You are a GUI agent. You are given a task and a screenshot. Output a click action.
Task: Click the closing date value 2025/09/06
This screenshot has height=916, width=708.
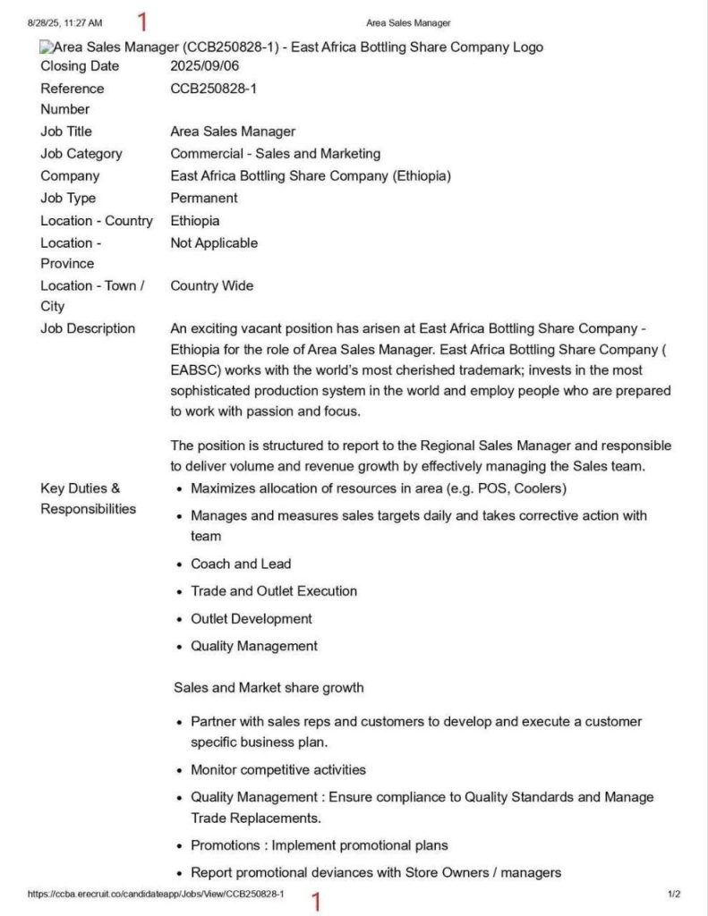pyautogui.click(x=205, y=66)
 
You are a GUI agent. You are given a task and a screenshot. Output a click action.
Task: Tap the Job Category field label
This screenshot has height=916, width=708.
pyautogui.click(x=81, y=154)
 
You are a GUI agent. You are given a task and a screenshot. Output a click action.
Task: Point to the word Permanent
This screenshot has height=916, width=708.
pyautogui.click(x=204, y=199)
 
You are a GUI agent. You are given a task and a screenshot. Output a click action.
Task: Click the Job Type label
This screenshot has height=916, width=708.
pyautogui.click(x=68, y=199)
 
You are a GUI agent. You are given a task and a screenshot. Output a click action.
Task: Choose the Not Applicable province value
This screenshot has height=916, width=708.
pyautogui.click(x=214, y=243)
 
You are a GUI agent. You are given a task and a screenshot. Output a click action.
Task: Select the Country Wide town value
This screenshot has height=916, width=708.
pyautogui.click(x=212, y=286)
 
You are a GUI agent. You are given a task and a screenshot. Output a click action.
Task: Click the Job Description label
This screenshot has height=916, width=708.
pyautogui.click(x=88, y=329)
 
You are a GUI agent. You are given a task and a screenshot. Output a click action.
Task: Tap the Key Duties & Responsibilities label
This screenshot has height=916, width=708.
pyautogui.click(x=88, y=498)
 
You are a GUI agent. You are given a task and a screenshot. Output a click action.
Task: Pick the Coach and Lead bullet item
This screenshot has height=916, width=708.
pyautogui.click(x=241, y=564)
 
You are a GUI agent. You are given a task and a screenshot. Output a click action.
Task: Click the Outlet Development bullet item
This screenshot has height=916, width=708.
pyautogui.click(x=252, y=619)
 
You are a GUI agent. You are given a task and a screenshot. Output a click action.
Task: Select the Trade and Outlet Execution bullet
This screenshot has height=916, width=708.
pyautogui.click(x=274, y=591)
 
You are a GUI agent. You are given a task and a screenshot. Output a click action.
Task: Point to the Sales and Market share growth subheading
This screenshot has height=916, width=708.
pyautogui.click(x=269, y=688)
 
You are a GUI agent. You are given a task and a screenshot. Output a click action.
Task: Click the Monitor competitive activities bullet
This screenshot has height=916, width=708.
pyautogui.click(x=278, y=770)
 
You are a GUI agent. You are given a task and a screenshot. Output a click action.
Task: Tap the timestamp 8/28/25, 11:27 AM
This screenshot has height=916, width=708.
pyautogui.click(x=64, y=21)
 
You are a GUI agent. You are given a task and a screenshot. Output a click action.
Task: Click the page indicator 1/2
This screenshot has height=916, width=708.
pyautogui.click(x=674, y=894)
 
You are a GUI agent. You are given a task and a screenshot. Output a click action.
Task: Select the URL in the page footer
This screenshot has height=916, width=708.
pyautogui.click(x=156, y=894)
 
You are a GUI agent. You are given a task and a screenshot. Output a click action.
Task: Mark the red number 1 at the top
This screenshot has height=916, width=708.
pyautogui.click(x=141, y=21)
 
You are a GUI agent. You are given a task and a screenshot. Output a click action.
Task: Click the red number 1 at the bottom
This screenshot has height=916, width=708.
pyautogui.click(x=315, y=902)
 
